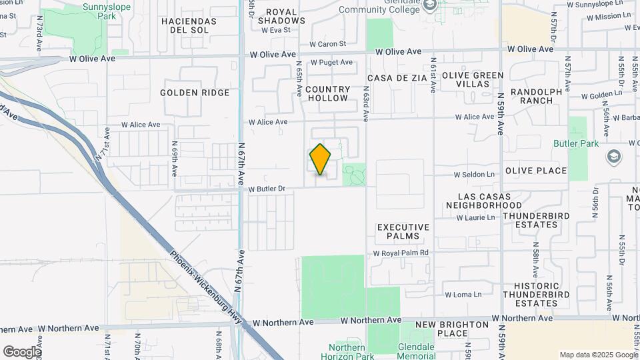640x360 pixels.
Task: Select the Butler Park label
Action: [x=576, y=143]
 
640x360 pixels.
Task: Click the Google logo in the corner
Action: [x=22, y=352]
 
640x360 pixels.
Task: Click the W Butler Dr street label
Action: [x=266, y=189]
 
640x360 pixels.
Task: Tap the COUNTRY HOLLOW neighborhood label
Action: [x=327, y=93]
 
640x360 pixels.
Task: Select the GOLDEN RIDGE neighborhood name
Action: [x=195, y=93]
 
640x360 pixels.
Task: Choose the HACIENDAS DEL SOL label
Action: [x=189, y=25]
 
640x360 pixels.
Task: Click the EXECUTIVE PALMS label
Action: [x=399, y=231]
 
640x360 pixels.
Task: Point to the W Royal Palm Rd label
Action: [x=401, y=253]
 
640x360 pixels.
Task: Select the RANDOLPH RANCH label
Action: [x=532, y=96]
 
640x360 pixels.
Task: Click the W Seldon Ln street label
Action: [x=474, y=175]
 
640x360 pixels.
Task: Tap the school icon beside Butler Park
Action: [x=613, y=157]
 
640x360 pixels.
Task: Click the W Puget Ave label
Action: [x=331, y=62]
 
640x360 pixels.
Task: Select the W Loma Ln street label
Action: [x=463, y=294]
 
